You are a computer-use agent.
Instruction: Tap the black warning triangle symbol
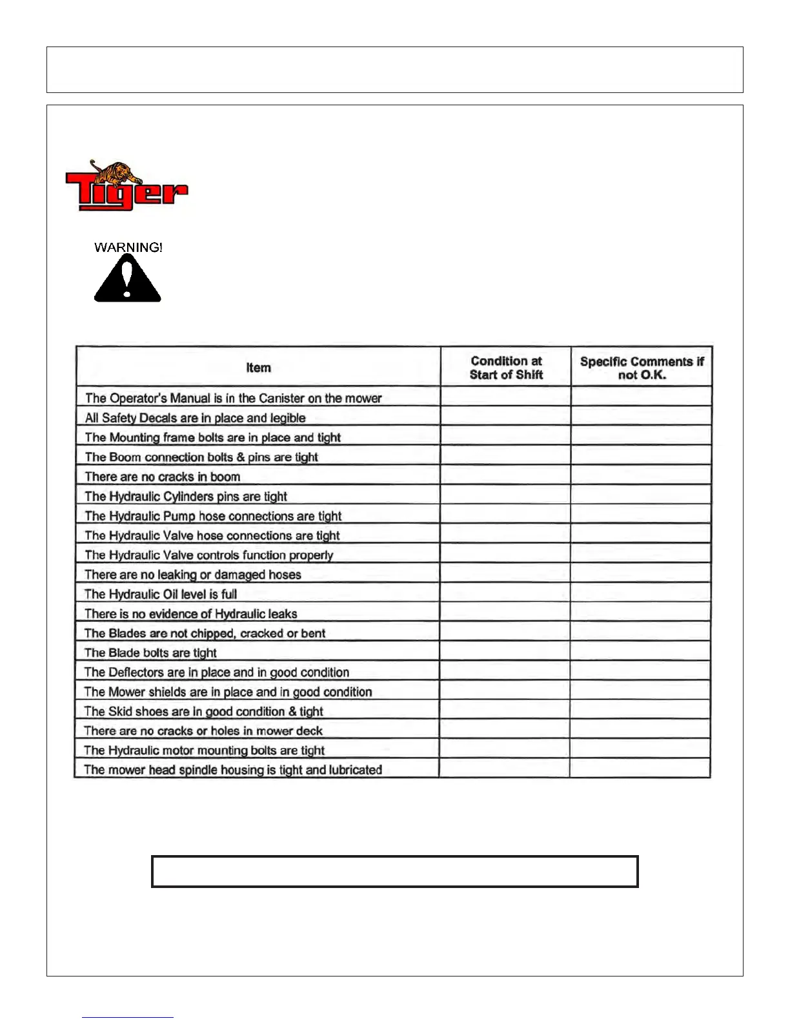coord(128,279)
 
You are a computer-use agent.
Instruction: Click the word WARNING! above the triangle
coord(128,247)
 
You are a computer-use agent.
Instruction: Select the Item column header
coord(258,367)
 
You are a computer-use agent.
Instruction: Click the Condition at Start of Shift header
coord(506,367)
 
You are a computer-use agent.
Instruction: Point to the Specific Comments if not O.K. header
coord(642,368)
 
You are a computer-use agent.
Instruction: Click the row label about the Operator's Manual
coord(233,398)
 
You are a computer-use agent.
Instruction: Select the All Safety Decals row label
coord(195,418)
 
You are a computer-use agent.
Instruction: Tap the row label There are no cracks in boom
coord(163,477)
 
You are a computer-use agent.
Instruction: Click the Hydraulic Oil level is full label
coord(161,594)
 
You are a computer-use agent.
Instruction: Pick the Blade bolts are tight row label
coord(150,652)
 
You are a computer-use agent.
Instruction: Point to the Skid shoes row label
coord(203,711)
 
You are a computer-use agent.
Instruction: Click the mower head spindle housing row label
coord(233,770)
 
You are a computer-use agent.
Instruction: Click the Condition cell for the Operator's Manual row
coord(505,397)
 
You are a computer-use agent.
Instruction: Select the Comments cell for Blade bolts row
coord(640,651)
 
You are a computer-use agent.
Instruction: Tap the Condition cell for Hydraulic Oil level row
coord(505,593)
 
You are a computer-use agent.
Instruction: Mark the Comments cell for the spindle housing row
coord(640,769)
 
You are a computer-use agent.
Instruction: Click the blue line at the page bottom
coord(128,1017)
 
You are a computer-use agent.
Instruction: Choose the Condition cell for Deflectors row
coord(505,671)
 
